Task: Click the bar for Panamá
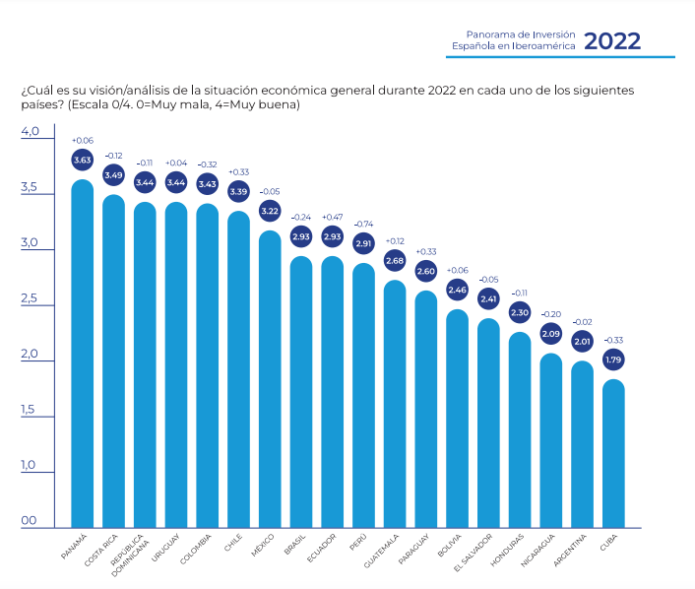click(83, 355)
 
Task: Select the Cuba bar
click(613, 453)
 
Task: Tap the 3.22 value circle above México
click(270, 211)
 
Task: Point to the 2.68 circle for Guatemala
click(395, 261)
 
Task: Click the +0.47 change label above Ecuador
click(332, 217)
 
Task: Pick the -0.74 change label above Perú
click(363, 224)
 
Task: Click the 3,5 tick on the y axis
click(30, 188)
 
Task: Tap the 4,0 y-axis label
click(30, 132)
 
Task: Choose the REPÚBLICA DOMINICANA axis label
click(134, 554)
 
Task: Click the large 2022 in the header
click(612, 41)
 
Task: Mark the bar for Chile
click(238, 369)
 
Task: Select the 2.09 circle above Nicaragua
click(551, 334)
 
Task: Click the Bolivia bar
click(457, 419)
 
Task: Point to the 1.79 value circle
click(613, 360)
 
